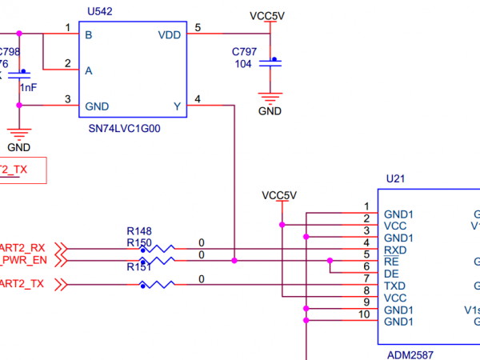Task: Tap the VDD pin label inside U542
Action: [170, 35]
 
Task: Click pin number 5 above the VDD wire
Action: [198, 29]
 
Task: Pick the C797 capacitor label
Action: [245, 52]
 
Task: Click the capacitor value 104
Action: [243, 64]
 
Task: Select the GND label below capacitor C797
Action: [270, 111]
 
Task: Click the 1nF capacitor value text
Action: [28, 87]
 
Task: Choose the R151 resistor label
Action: [138, 268]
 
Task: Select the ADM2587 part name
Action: [411, 353]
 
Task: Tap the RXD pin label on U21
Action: [395, 250]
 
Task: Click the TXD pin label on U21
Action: [395, 286]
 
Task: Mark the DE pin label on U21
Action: [391, 274]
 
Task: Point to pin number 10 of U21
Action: [365, 314]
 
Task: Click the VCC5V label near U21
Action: [279, 195]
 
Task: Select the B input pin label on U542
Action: [88, 35]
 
